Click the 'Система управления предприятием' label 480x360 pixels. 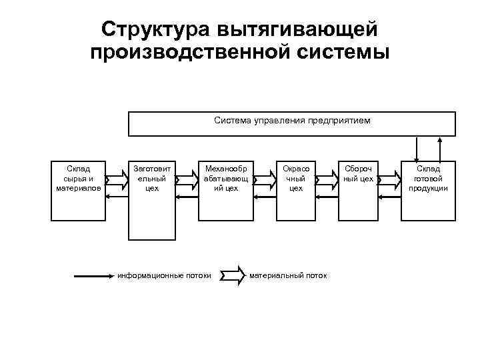(x=292, y=121)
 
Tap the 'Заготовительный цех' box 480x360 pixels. (x=151, y=200)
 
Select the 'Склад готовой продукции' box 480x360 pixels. (x=428, y=190)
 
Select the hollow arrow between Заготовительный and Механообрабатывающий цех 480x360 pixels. (x=187, y=179)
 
